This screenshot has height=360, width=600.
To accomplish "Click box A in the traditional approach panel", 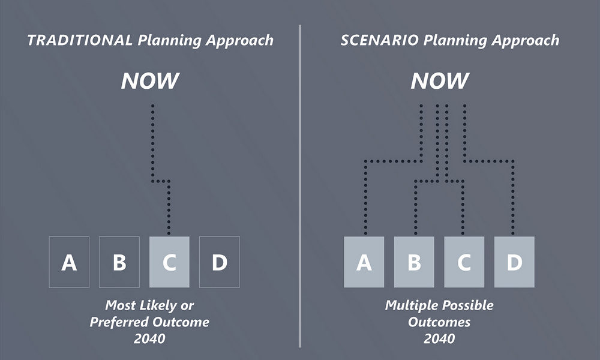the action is pos(69,262).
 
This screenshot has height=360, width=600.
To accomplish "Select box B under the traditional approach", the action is pos(119,262).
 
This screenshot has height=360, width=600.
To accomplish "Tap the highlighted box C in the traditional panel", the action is pos(169,262).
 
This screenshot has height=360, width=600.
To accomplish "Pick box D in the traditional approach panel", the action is pos(220,262).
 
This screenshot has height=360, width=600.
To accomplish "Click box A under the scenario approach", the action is pos(364,262).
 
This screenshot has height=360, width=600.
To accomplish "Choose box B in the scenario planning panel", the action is pos(414,262).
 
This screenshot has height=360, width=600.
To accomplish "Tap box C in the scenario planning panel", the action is pos(464,262).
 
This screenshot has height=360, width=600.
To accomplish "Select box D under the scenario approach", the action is pos(514,262).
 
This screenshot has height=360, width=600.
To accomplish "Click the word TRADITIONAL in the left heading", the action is pos(80,40).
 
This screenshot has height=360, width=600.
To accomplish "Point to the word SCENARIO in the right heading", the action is pos(379,40).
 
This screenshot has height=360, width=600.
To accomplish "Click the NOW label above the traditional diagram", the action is pos(150,81).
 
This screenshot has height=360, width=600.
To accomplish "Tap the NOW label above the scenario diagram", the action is pos(440,81).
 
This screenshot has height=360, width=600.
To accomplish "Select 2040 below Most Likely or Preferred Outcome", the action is pos(149,338).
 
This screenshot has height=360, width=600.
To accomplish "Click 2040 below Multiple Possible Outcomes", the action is pos(439,338).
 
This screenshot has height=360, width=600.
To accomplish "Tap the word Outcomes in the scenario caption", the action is pos(439,322).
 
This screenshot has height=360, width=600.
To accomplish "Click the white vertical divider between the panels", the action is pos(300,186).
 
